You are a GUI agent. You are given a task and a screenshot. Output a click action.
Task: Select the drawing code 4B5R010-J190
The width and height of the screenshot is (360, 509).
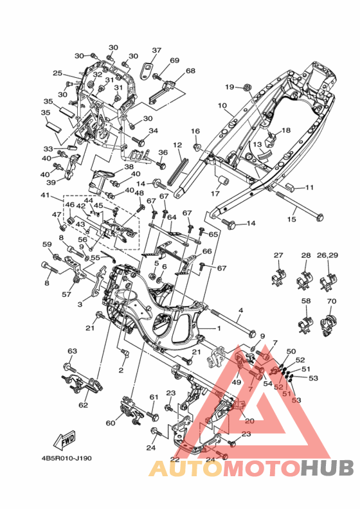click(67, 458)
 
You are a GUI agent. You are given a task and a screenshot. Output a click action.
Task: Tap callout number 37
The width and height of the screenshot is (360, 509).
click(156, 50)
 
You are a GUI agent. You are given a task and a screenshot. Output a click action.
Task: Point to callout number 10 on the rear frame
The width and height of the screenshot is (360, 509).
click(222, 105)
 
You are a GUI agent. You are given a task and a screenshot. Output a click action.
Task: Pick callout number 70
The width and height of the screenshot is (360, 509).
click(332, 301)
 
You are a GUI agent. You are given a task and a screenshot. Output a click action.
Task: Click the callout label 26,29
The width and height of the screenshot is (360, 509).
click(328, 256)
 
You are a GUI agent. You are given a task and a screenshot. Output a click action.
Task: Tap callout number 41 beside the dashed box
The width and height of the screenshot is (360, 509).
click(45, 195)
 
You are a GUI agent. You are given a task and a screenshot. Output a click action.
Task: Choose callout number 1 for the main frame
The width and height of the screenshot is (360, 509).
click(219, 328)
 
